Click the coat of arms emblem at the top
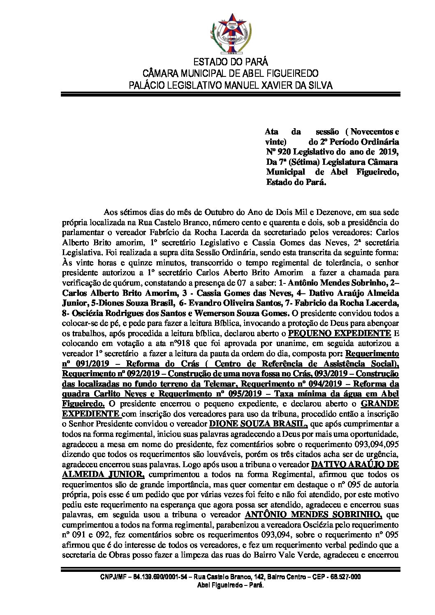pos(230,31)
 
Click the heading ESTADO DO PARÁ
pos(230,62)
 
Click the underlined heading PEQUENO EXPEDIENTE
pos(340,333)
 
